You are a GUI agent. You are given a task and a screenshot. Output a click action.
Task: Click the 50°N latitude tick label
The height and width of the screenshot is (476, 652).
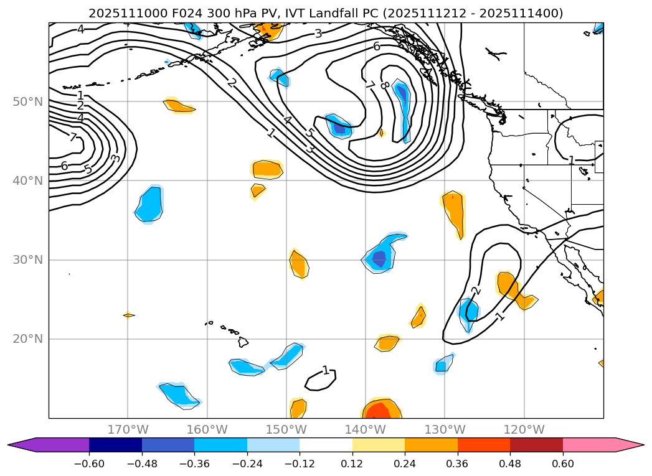pos(27,101)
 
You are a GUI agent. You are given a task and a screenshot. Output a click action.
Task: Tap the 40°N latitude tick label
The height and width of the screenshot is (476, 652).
pos(27,180)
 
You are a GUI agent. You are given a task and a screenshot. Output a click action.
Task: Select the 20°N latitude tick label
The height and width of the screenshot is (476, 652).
pos(27,339)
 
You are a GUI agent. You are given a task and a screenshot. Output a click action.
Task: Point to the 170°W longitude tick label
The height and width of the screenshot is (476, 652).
pos(128,430)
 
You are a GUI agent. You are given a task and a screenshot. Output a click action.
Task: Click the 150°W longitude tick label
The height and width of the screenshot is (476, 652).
pos(286,430)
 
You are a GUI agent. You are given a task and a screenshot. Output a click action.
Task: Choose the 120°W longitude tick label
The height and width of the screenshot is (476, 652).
pos(524,430)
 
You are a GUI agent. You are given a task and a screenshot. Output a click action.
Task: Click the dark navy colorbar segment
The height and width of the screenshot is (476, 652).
pos(115,445)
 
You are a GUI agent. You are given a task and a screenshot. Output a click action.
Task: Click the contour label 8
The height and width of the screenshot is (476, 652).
pos(384,85)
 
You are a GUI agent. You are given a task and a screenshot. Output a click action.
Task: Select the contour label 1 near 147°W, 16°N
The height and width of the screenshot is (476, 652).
pos(325,371)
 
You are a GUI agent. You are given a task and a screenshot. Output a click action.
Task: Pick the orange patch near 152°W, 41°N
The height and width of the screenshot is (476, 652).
pos(267,168)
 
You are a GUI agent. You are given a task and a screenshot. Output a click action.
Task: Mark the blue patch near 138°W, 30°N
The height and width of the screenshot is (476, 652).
pos(380,256)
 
